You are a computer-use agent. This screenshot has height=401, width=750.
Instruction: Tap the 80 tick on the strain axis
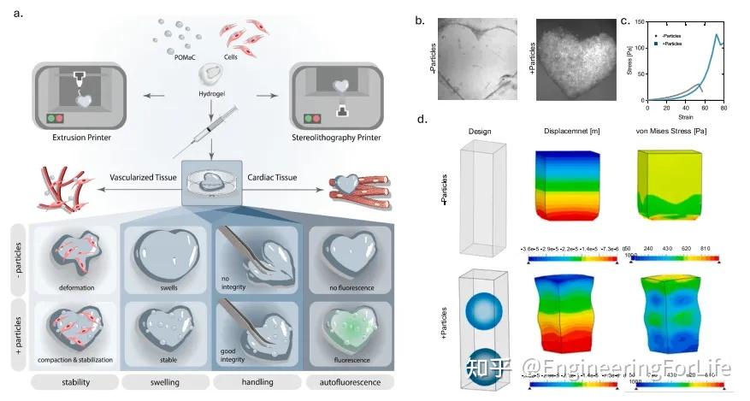(723, 109)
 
